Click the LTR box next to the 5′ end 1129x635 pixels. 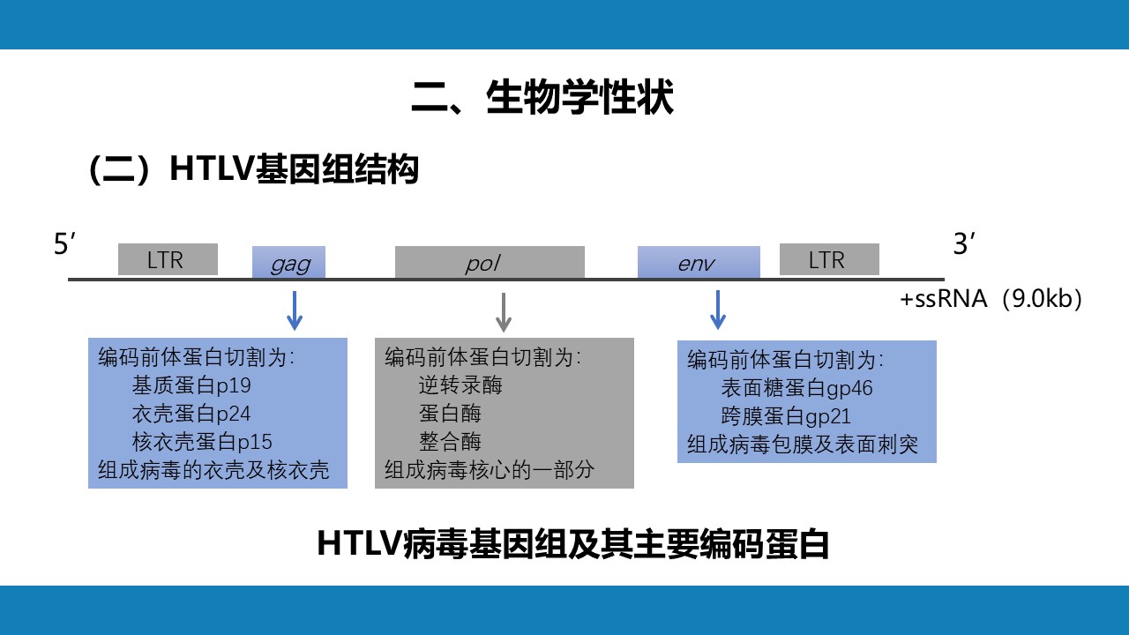click(x=168, y=259)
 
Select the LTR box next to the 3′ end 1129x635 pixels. click(x=829, y=259)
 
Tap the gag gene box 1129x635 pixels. click(x=288, y=262)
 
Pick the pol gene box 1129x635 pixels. click(x=490, y=262)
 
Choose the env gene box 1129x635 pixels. click(x=699, y=262)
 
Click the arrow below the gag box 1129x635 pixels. click(x=295, y=310)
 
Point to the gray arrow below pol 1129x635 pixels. click(x=504, y=312)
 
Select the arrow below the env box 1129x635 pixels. click(x=718, y=310)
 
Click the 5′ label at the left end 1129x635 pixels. click(x=64, y=244)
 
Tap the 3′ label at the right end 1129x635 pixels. click(x=964, y=244)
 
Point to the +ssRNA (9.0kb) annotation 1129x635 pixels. click(x=991, y=299)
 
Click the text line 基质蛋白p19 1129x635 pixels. click(x=191, y=385)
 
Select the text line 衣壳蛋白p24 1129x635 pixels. click(x=191, y=414)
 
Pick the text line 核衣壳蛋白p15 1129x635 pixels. click(x=202, y=442)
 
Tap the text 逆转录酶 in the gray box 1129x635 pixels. click(x=460, y=385)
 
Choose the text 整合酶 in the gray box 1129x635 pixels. click(x=450, y=442)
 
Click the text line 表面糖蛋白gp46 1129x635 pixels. click(x=796, y=388)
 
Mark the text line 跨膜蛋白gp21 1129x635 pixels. click(x=786, y=416)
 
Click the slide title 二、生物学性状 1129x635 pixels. click(x=542, y=97)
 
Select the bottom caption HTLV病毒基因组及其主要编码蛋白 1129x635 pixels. click(x=573, y=544)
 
